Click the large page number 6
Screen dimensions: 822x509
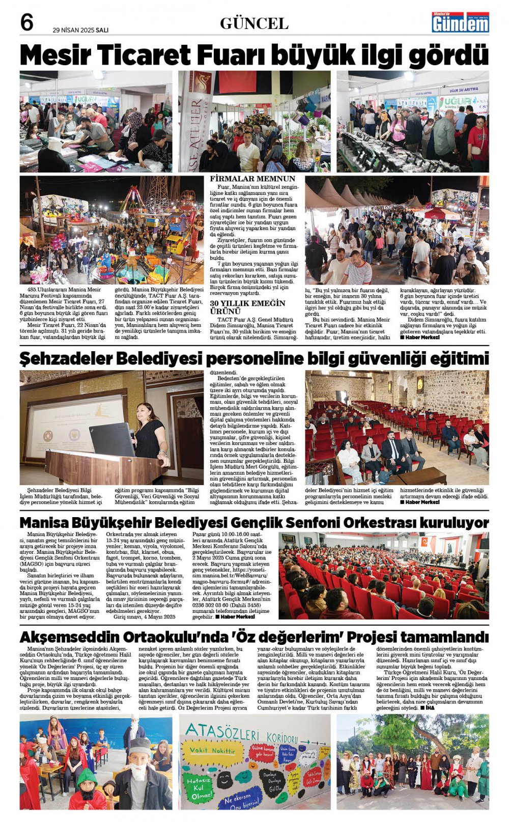tap(27, 22)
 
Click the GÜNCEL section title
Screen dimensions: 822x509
tap(254, 23)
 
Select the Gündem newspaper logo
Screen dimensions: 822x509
tap(460, 22)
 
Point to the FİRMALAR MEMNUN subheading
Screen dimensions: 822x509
tap(252, 179)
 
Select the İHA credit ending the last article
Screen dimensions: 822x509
tap(430, 708)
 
